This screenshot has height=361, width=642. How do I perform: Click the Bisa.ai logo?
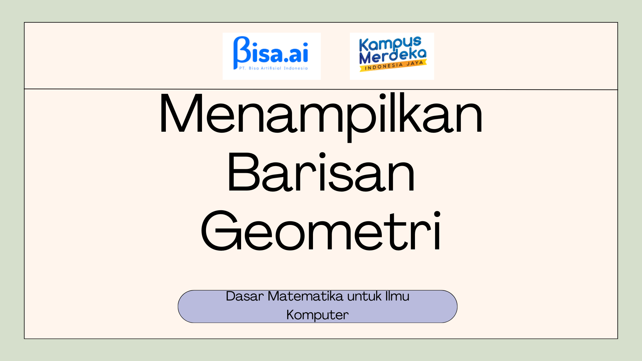[x=271, y=56]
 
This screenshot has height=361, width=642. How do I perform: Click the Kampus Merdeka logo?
[x=392, y=56]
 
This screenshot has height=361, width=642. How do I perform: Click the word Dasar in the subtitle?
[x=245, y=296]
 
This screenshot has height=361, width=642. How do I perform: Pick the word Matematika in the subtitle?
[x=305, y=296]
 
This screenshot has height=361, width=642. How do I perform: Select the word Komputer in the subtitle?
[x=317, y=315]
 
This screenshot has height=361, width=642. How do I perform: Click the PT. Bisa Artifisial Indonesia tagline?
[x=273, y=68]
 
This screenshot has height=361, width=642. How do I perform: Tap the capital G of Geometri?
[x=220, y=231]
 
